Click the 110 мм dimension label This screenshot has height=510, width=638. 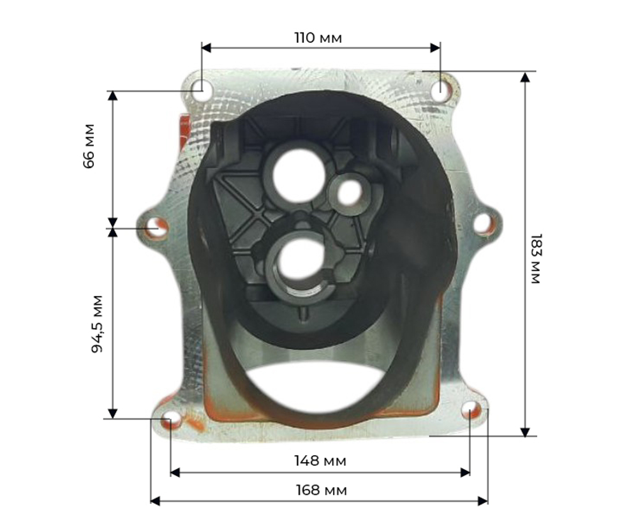tap(318, 38)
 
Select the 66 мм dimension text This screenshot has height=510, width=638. tap(89, 146)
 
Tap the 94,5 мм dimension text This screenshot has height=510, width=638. tap(97, 324)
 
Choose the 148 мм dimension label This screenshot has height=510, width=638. tap(320, 461)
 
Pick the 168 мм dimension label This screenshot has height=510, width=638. tap(321, 490)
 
